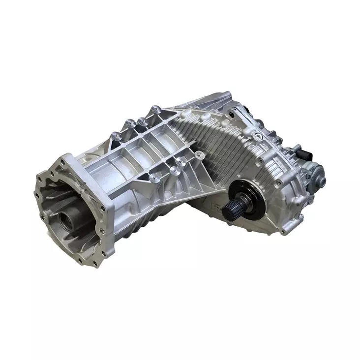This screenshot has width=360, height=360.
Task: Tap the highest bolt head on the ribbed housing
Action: pyautogui.click(x=155, y=109)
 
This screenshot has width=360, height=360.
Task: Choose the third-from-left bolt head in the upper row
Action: pyautogui.click(x=142, y=120)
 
